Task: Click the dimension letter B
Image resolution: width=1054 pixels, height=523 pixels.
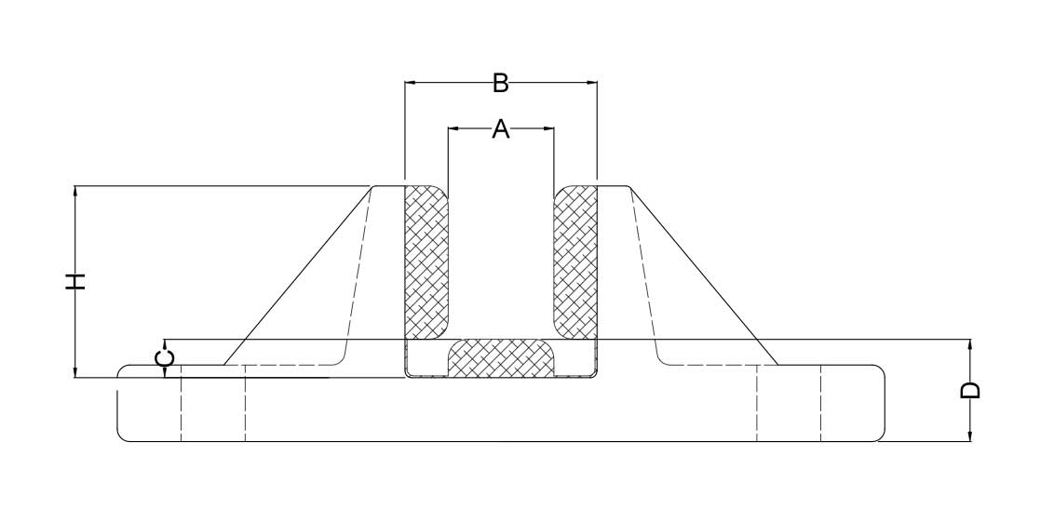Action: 500,84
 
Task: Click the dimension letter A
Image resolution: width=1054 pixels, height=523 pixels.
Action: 501,128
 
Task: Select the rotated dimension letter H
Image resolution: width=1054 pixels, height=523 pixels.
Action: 76,282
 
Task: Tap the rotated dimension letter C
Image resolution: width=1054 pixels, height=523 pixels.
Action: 166,357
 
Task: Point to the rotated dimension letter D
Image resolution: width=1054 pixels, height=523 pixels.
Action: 970,390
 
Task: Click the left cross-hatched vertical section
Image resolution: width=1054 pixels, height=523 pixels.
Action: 426,262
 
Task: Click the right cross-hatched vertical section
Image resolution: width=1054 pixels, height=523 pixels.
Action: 574,262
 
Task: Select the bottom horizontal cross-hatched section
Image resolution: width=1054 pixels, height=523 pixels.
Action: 501,357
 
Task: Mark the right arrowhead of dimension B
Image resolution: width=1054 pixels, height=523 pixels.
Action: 592,83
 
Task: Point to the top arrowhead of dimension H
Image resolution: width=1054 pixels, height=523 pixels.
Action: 75,191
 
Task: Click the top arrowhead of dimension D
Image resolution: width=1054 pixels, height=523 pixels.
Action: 970,345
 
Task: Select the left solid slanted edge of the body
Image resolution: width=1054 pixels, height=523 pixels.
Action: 298,275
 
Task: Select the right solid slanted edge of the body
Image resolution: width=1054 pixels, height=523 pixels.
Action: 704,275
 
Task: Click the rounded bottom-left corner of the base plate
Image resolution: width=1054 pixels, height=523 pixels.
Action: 121,437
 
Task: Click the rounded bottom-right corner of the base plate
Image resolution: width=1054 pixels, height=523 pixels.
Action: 881,437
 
